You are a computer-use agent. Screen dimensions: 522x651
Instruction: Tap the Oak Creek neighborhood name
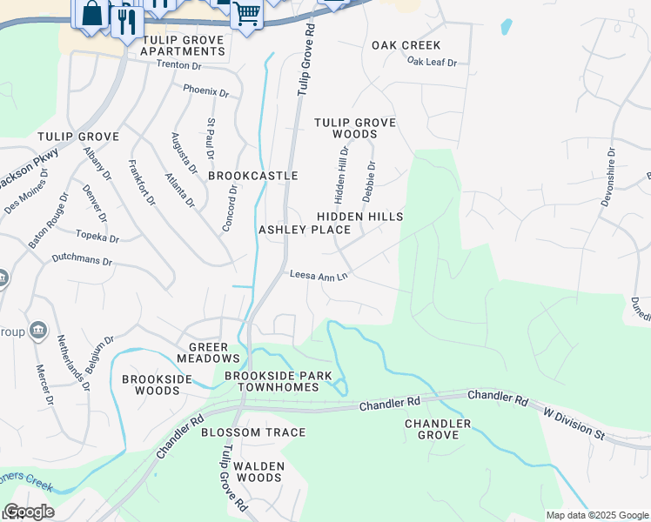click(x=406, y=45)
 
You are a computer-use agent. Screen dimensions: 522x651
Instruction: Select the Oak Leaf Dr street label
click(x=432, y=62)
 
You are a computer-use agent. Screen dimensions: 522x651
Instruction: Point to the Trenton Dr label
click(x=178, y=64)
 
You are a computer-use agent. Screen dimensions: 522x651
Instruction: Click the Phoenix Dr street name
click(x=205, y=90)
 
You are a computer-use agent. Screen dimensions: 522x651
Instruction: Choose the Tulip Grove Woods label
click(x=355, y=129)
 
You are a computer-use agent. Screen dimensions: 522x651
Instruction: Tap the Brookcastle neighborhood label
click(x=253, y=176)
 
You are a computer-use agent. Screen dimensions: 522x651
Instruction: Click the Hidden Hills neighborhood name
click(x=359, y=216)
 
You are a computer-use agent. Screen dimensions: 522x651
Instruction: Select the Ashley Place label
click(x=305, y=230)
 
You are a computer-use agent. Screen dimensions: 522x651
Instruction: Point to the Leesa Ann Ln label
click(x=319, y=276)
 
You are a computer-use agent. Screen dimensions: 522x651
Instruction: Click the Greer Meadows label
click(x=208, y=352)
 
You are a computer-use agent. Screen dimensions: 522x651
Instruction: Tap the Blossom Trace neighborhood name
click(x=253, y=432)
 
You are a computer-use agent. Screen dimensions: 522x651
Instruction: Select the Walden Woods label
click(x=259, y=472)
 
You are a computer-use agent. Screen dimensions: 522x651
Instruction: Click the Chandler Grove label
click(x=438, y=429)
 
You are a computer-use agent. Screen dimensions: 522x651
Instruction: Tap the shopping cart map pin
click(x=246, y=14)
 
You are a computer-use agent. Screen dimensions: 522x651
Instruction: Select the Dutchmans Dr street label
click(x=83, y=260)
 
